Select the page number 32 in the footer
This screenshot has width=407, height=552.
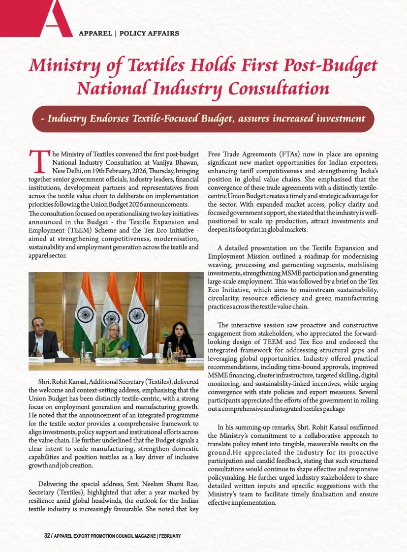(47, 535)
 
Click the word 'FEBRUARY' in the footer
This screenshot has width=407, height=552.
(170, 535)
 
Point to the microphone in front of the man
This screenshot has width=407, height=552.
(34, 348)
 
